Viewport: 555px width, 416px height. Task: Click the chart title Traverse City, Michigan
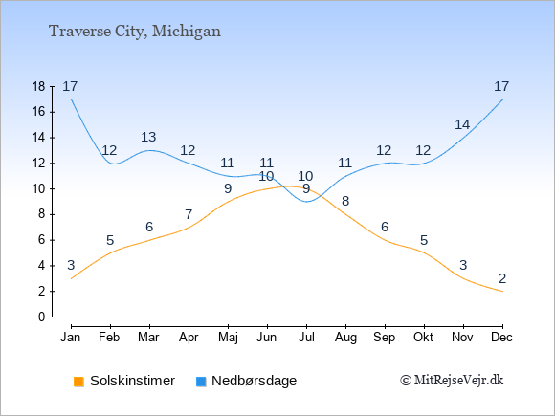135,32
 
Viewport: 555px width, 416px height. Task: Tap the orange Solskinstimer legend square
78,382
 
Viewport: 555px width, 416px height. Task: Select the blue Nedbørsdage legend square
201,382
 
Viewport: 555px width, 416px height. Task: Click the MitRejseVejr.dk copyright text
452,381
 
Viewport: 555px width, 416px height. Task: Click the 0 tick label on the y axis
42,317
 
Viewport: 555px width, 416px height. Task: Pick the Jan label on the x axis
71,338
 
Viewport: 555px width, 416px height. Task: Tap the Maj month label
228,338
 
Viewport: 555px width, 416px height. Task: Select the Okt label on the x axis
424,338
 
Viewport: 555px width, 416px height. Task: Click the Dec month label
502,338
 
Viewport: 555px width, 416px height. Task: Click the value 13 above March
148,137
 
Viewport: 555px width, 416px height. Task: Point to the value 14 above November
462,124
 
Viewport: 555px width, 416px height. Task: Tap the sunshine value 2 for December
502,278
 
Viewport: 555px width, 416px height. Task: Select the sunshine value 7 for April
189,214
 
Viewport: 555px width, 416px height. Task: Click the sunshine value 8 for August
345,201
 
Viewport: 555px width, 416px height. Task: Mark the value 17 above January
70,86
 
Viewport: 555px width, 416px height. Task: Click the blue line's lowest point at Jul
306,202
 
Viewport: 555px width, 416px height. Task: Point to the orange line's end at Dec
502,292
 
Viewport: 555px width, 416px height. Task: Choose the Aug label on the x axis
345,338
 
